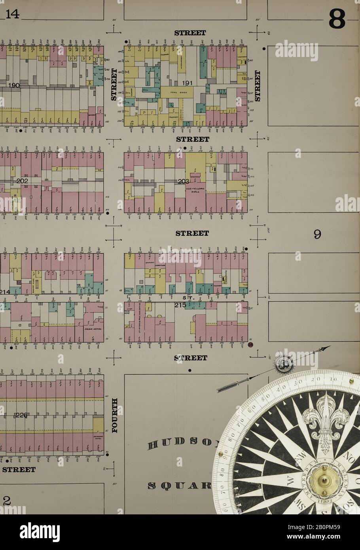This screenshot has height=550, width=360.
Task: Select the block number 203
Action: point(184,182)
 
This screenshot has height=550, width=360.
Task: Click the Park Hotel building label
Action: point(91,328)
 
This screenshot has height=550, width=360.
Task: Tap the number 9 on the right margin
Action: point(317,235)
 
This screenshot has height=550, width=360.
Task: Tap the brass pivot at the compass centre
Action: point(321,480)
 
